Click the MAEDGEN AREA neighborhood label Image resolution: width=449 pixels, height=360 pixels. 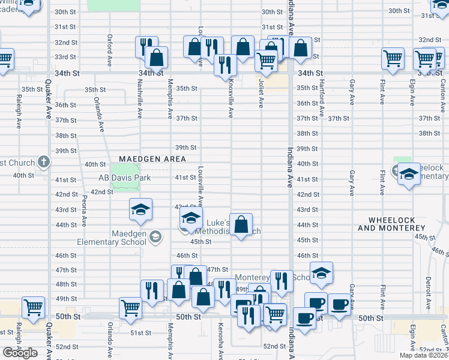click(152, 159)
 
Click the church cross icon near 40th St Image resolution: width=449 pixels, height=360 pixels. click(43, 161)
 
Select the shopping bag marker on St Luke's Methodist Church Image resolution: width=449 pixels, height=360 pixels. click(241, 225)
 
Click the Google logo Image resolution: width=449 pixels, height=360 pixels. click(20, 352)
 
